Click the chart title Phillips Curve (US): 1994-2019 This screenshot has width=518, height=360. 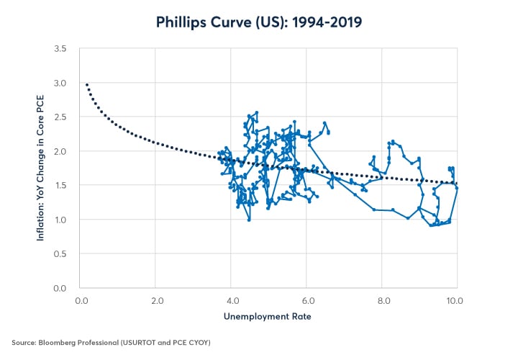coord(259,22)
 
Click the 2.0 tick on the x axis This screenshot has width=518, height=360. coord(155,300)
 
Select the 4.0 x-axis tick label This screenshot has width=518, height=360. coord(231,300)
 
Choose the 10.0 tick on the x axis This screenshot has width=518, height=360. coord(455,300)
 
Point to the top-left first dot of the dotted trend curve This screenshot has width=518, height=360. coord(87,85)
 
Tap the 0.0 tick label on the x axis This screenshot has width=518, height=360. coord(81,300)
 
